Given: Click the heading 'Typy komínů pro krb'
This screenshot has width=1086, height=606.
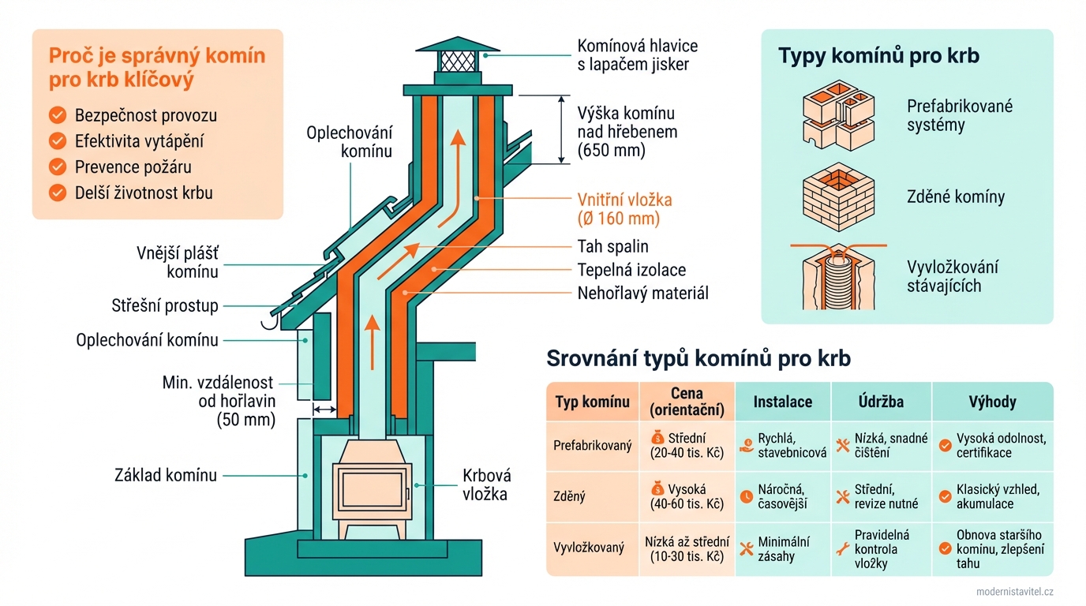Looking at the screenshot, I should tap(878, 56).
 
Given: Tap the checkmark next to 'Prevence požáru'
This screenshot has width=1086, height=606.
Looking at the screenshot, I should tap(58, 167).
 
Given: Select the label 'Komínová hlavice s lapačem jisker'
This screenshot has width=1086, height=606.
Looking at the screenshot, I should tap(638, 55).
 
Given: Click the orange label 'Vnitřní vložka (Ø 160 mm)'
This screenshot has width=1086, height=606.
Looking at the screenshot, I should tap(624, 210).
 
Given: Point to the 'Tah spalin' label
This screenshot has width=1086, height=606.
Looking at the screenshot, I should tap(612, 246).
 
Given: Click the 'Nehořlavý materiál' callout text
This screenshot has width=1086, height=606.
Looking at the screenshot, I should tap(643, 294).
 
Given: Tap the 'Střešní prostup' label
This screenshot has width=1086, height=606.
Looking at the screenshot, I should tap(165, 305).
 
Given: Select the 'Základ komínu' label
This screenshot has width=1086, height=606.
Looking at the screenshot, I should tap(165, 475).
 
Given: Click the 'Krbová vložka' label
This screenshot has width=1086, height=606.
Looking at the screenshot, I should tap(486, 484).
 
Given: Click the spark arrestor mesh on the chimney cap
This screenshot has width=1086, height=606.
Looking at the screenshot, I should tap(457, 61).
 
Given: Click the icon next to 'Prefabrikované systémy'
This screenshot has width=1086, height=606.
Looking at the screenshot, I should tap(837, 116).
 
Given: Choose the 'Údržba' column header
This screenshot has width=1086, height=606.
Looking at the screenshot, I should tap(881, 402).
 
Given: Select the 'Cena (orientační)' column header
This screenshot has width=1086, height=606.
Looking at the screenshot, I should tap(687, 402).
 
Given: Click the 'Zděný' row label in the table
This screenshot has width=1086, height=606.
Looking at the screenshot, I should tap(570, 496).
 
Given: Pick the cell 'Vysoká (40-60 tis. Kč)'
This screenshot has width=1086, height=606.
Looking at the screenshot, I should tap(687, 496).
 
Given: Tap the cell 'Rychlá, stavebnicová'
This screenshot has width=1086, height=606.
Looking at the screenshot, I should tap(781, 445).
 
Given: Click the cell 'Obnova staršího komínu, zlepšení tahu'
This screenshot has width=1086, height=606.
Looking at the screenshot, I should tap(999, 548).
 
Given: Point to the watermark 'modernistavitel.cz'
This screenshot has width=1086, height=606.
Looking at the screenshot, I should tap(1014, 592).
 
